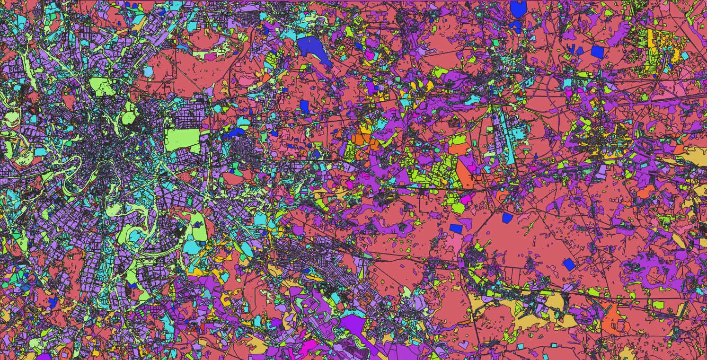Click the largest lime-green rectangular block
pos(183,139)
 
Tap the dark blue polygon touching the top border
pos(519,9)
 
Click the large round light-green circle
pos(129,116)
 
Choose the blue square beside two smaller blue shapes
pos(597,52)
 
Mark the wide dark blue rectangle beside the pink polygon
pos(455,228)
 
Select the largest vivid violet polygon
pos(353,324)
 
